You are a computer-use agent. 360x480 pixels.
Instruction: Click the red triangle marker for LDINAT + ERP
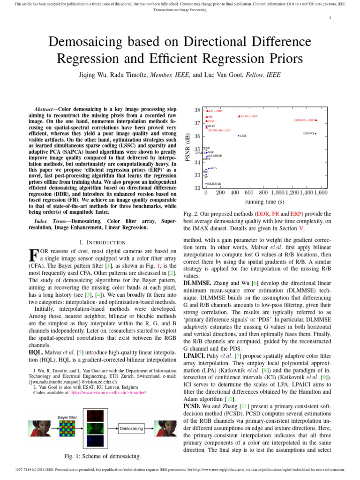(316, 120)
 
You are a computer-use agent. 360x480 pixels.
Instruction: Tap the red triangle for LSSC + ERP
(239, 116)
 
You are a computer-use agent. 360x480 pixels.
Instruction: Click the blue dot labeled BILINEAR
(206, 184)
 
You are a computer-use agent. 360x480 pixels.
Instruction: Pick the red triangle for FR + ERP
(207, 111)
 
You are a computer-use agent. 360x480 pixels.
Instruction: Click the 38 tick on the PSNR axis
(197, 110)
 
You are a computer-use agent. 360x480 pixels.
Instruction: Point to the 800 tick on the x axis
(263, 193)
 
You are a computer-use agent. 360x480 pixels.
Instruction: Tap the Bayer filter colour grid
(68, 428)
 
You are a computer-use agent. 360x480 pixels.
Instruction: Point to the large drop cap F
(33, 255)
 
